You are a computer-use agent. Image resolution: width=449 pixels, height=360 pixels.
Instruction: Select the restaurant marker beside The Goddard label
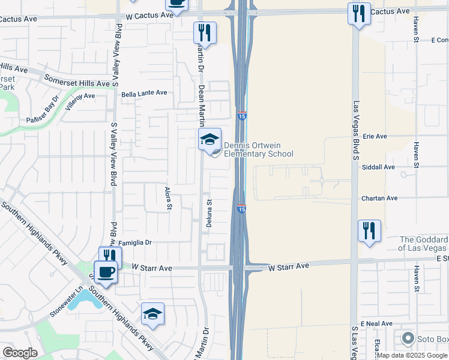[x=369, y=231]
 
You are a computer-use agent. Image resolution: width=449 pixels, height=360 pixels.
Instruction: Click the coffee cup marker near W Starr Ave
[x=106, y=272]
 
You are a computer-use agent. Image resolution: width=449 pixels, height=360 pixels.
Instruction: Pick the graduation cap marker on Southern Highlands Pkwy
[x=152, y=314]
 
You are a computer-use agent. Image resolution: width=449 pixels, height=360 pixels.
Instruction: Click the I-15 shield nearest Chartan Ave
[x=241, y=209]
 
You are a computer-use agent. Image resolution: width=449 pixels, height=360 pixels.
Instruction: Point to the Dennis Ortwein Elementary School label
[x=258, y=149]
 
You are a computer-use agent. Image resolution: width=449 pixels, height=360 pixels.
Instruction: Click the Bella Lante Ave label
[x=144, y=94]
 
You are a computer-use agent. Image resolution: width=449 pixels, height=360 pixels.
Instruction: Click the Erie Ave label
[x=375, y=136]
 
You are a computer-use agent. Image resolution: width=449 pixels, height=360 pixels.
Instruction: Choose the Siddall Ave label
[x=378, y=167]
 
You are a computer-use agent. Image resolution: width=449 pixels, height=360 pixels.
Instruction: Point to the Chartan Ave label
[x=379, y=198]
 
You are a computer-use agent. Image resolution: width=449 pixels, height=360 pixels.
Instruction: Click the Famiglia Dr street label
[x=136, y=243]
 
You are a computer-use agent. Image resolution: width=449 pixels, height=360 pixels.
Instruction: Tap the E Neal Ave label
[x=376, y=323]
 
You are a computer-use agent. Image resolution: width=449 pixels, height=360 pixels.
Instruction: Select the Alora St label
[x=169, y=197]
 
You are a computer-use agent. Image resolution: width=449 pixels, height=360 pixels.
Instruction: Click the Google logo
[x=20, y=353]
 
